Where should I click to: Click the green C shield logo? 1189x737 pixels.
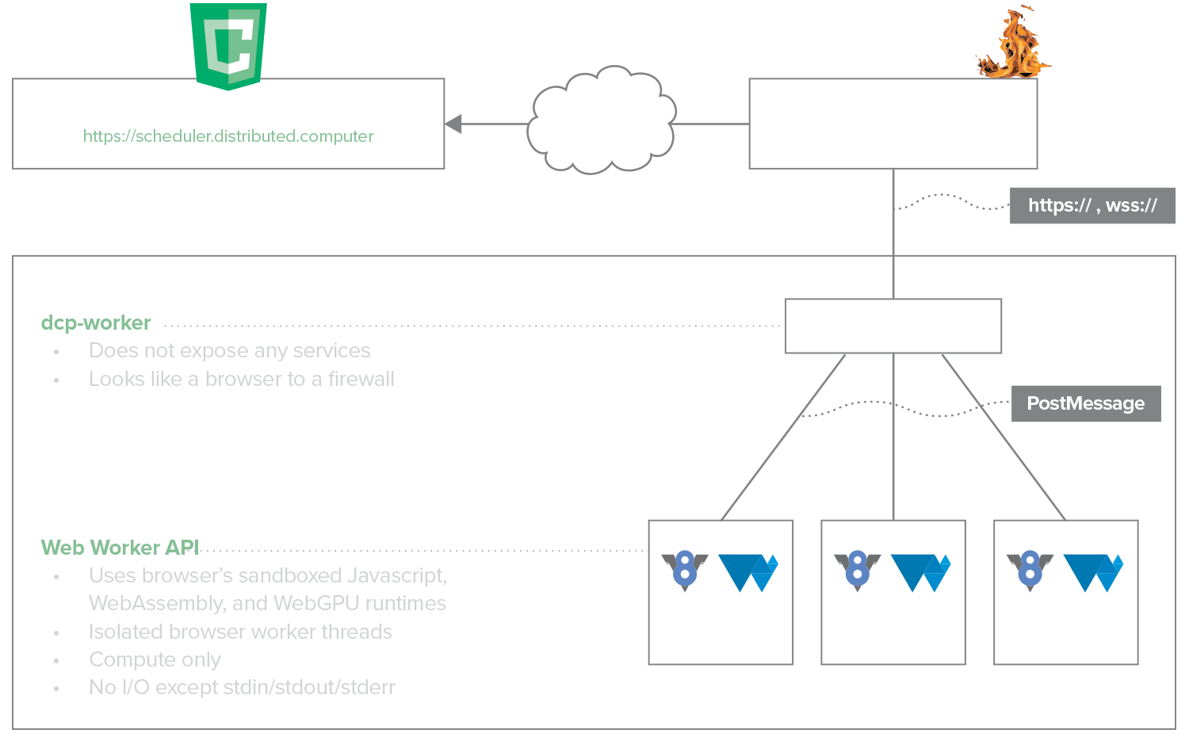coord(228,46)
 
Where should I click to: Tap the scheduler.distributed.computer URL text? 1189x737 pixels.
coord(228,136)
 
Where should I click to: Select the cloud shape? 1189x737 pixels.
coord(601,120)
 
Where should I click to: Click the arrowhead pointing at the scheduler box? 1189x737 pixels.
coord(454,124)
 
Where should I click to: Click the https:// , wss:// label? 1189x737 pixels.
coord(1092,206)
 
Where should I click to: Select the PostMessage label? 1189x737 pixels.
coord(1085,403)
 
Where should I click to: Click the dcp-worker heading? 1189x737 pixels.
coord(96,323)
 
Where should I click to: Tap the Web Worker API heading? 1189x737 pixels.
coord(120,548)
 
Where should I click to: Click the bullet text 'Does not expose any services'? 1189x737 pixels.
coord(229,350)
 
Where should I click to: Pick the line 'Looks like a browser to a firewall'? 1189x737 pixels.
coord(241,379)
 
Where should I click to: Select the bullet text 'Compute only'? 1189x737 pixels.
coord(155,659)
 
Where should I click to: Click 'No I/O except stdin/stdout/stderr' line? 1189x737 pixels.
coord(242,687)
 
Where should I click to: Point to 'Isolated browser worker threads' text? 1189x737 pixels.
coord(240,632)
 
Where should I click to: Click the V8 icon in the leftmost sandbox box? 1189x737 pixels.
coord(684,571)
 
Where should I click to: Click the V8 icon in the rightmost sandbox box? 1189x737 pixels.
coord(1030,571)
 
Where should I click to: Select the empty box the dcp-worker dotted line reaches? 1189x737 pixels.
coord(893,326)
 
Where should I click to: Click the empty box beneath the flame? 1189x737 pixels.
coord(893,124)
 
